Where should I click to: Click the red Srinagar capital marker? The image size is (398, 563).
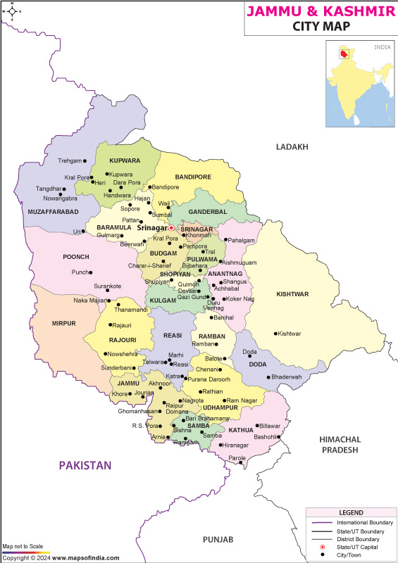tap(170, 227)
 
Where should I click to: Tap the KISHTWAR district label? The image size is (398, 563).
tap(292, 294)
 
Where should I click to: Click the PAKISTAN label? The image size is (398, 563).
tap(85, 465)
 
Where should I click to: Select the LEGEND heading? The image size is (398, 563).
tap(350, 513)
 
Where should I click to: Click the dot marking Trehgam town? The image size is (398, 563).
tap(85, 161)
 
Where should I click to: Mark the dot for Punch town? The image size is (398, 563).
tap(90, 272)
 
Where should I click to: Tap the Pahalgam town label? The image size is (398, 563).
tap(241, 240)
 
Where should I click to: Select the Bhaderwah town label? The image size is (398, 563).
tap(290, 377)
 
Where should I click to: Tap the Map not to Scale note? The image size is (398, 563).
tap(23, 547)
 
